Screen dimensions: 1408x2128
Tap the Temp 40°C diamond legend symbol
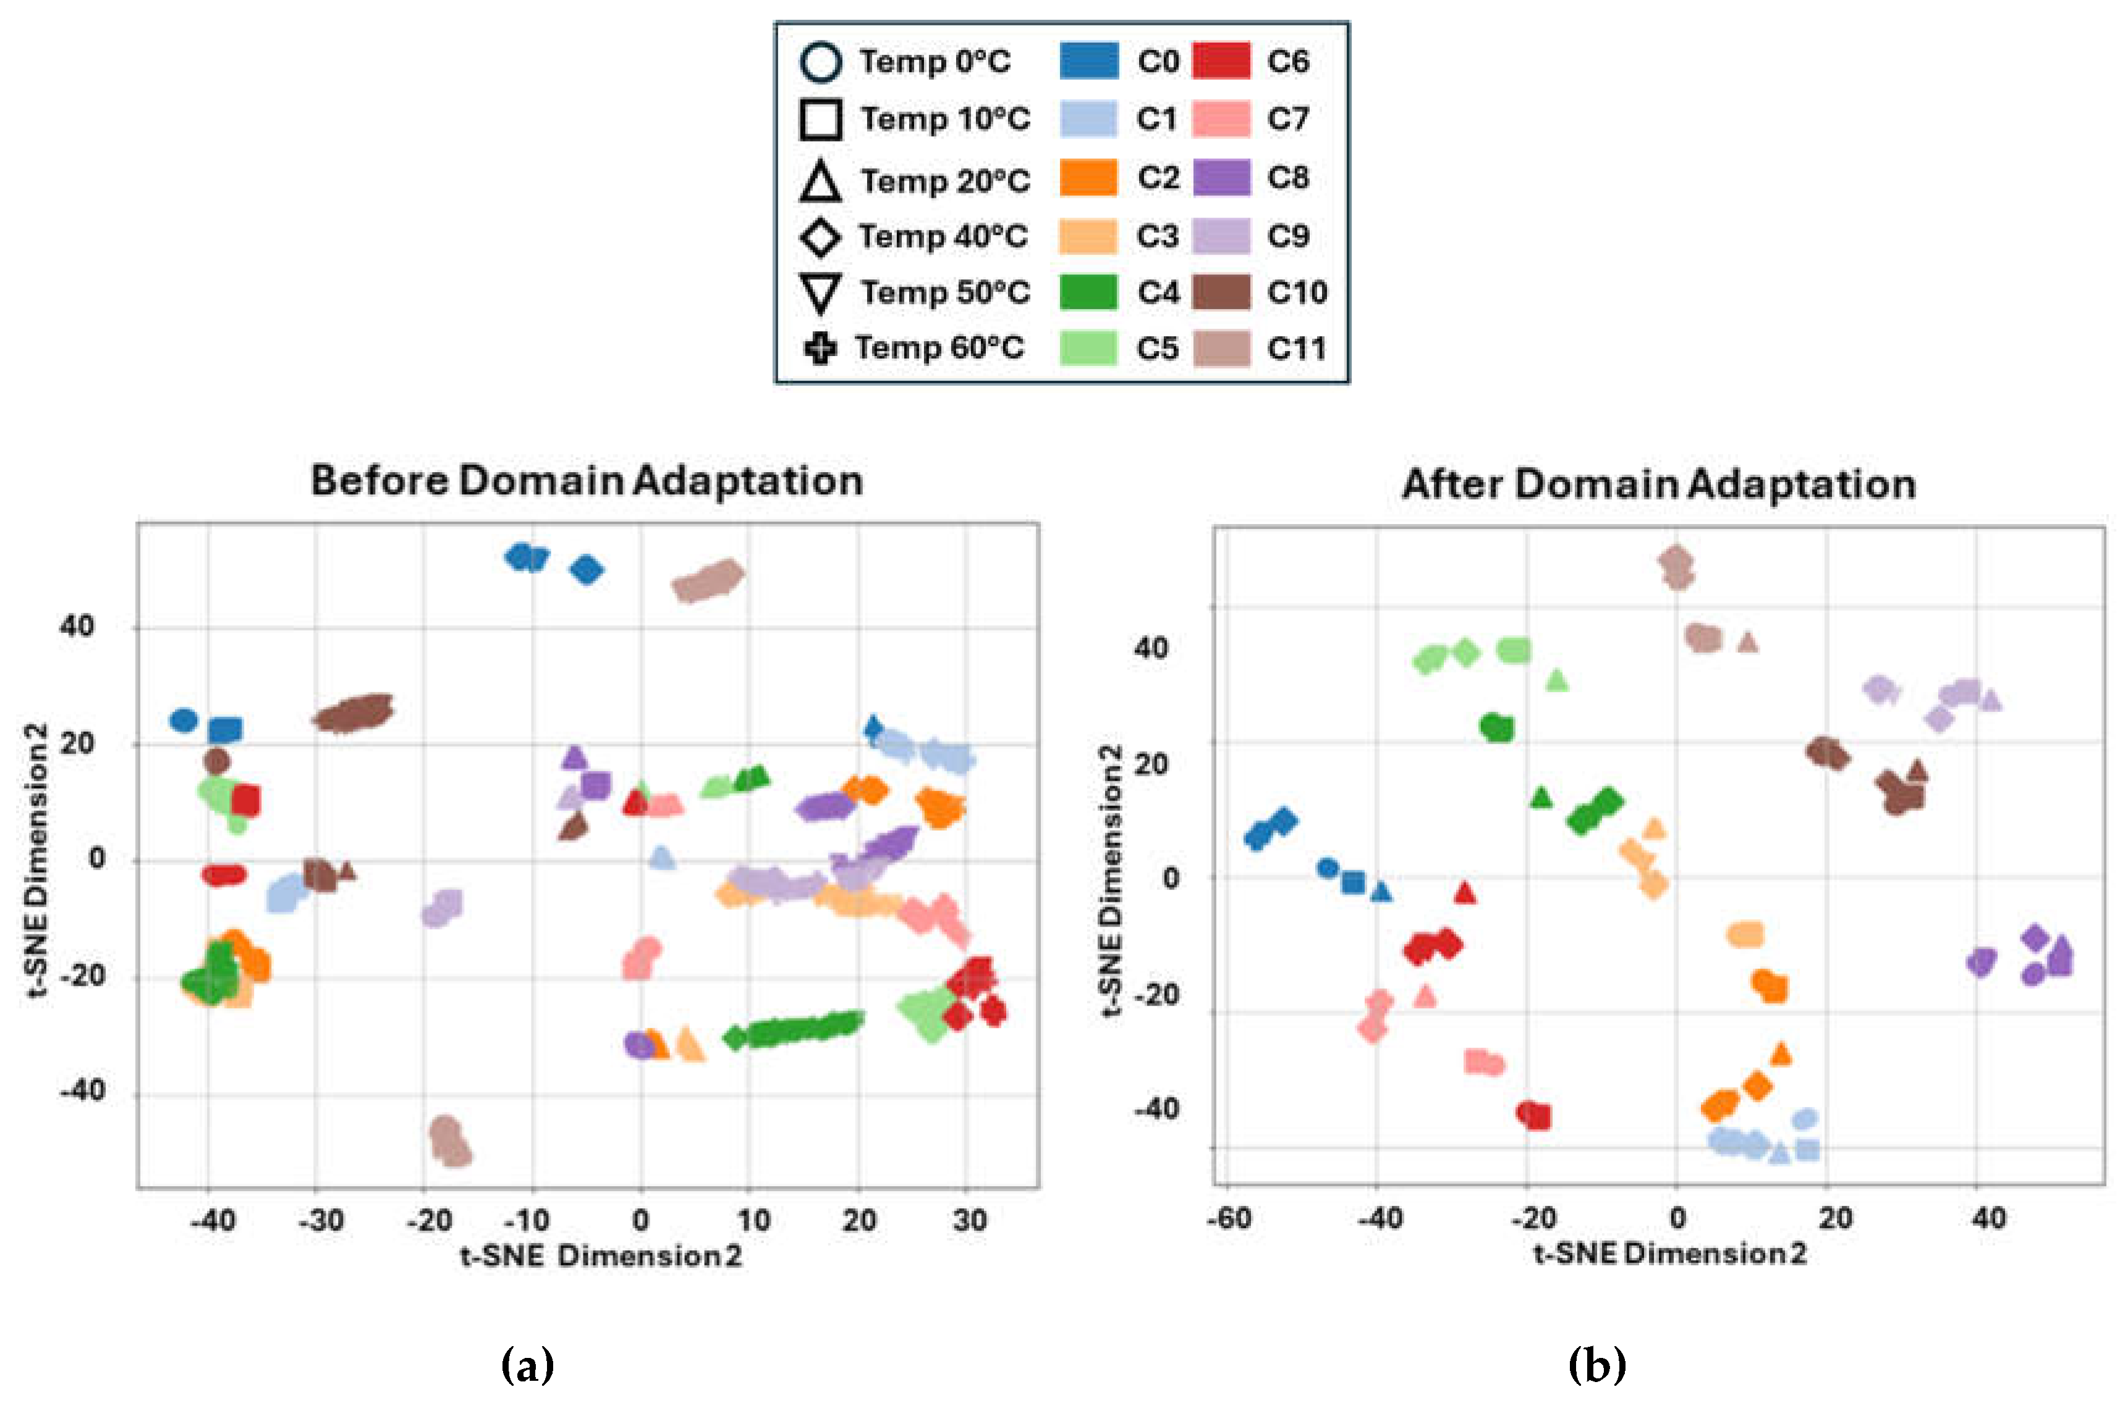(x=820, y=237)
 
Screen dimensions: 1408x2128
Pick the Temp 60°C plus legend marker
(x=820, y=349)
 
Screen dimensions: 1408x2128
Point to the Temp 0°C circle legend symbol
(x=820, y=61)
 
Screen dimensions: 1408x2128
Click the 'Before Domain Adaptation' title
(x=587, y=480)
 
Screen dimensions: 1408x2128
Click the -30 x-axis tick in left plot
(x=321, y=1219)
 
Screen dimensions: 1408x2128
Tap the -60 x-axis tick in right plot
(x=1228, y=1218)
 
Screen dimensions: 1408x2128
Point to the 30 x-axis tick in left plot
(x=970, y=1219)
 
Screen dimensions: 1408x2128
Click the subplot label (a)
(x=527, y=1366)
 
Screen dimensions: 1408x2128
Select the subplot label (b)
(x=1596, y=1366)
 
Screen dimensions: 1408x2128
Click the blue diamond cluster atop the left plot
(x=587, y=569)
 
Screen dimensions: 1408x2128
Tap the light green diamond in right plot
(x=1465, y=653)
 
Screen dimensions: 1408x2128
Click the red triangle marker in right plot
(x=1464, y=893)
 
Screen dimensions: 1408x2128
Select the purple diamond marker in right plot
(x=2035, y=938)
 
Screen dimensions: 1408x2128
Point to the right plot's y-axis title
(x=1111, y=880)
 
